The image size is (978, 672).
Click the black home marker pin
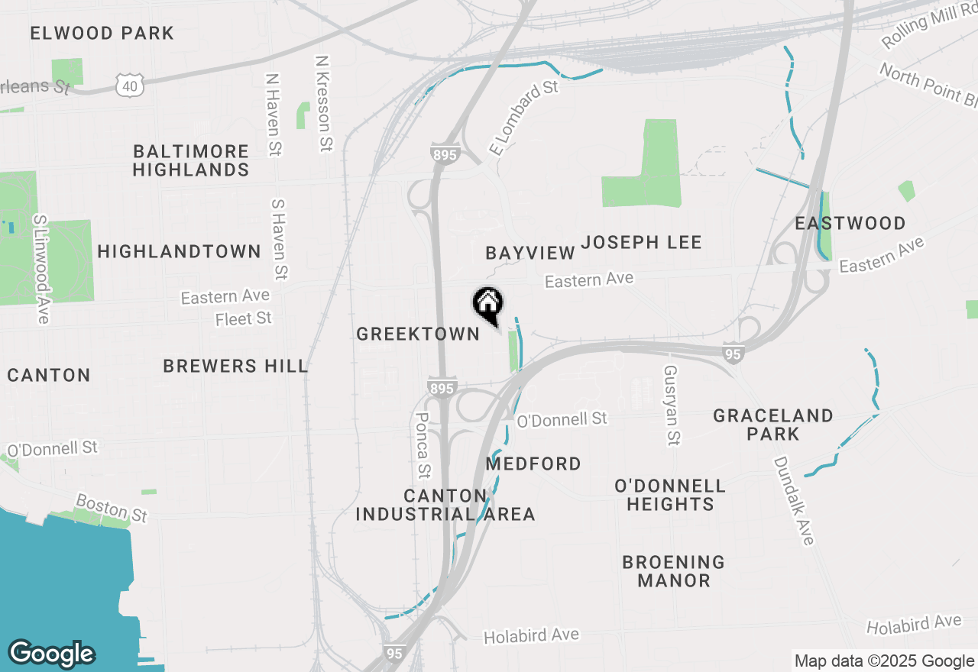[488, 305]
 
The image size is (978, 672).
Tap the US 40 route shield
[130, 86]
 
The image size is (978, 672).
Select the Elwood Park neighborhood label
[102, 33]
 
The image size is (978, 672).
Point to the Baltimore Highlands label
[191, 160]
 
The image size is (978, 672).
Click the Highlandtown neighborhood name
[180, 251]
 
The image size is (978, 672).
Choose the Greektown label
[418, 334]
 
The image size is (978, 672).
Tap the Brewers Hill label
[235, 366]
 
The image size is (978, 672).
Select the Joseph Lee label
[641, 243]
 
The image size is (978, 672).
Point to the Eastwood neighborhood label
[850, 223]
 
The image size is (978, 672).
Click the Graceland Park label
[772, 425]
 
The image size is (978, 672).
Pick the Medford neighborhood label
[533, 464]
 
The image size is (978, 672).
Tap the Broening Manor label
[673, 571]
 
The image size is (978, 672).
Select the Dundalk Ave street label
[793, 501]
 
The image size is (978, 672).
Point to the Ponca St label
[423, 447]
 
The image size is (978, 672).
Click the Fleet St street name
[244, 318]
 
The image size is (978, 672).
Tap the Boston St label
[112, 508]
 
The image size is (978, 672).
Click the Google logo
[51, 654]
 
